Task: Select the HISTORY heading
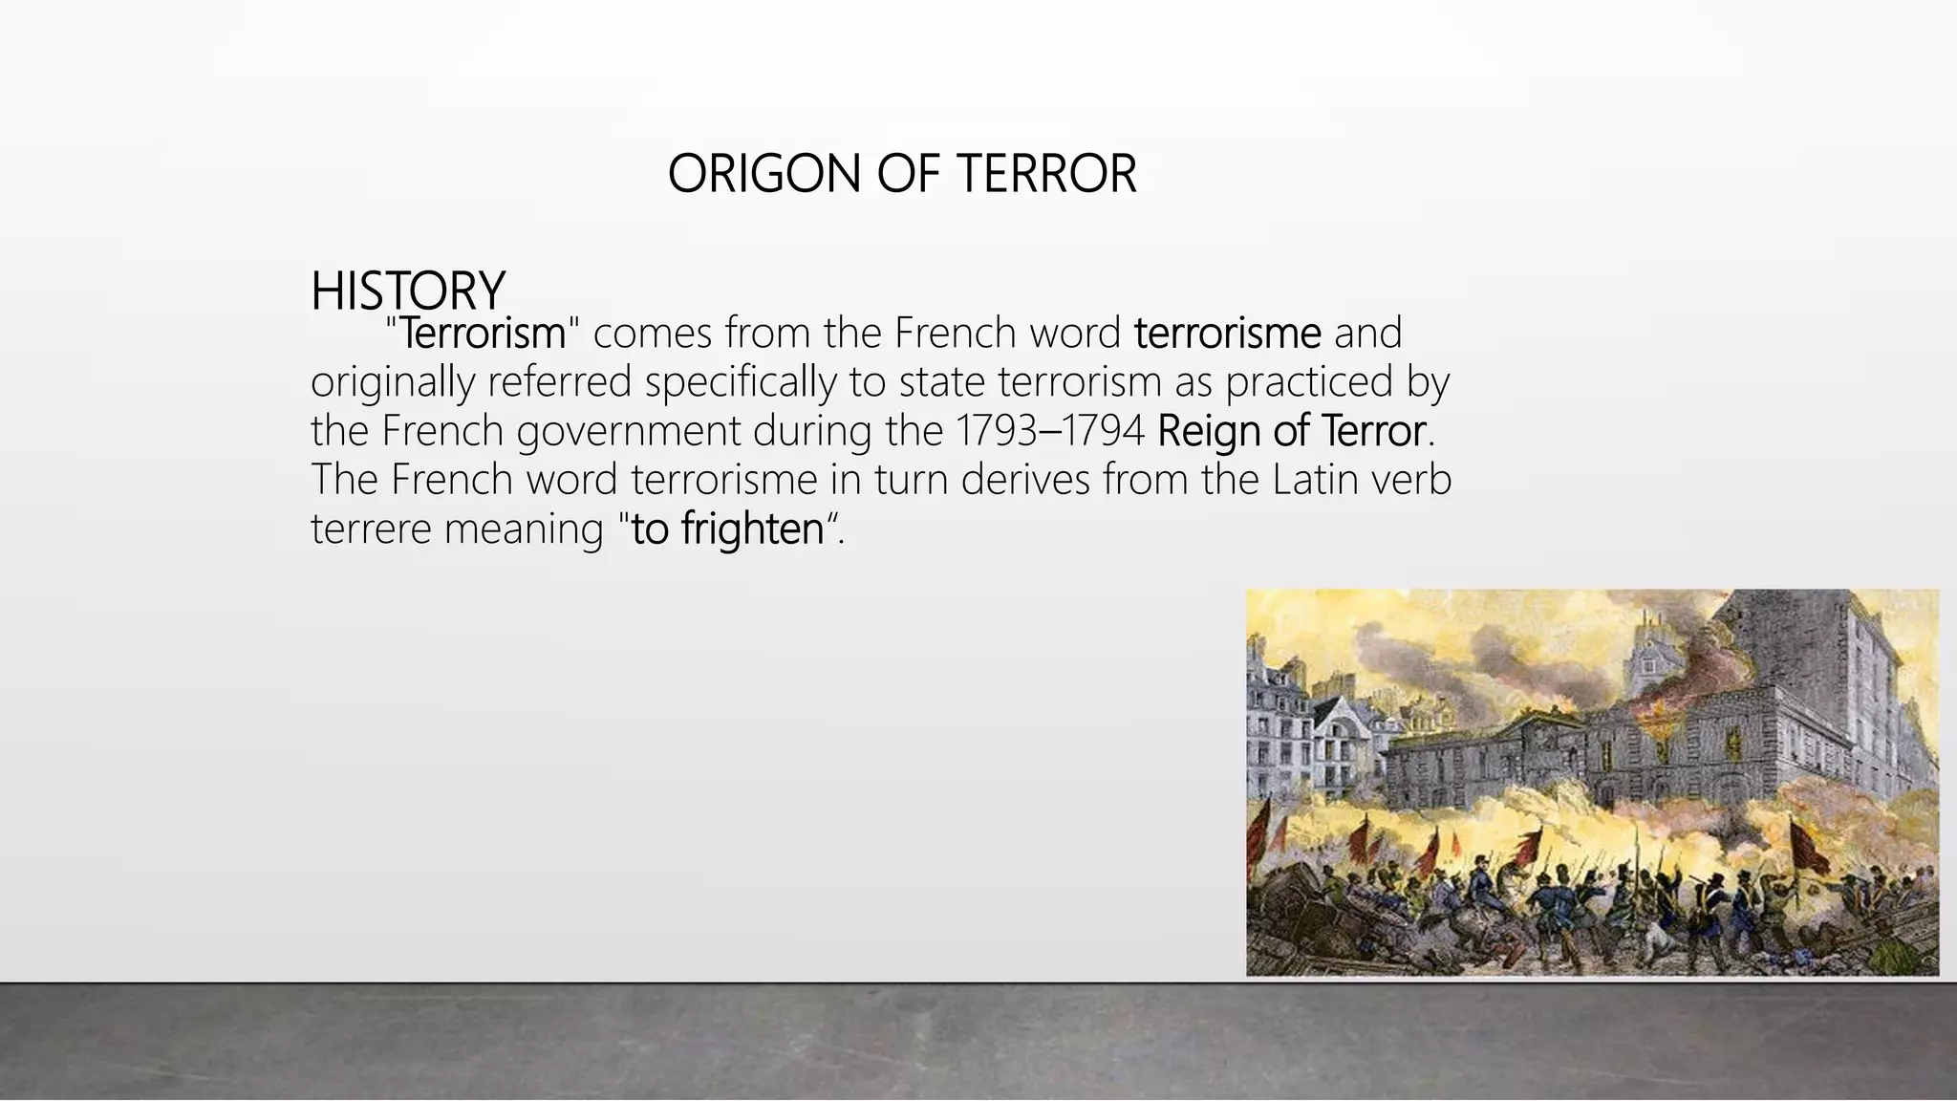408,291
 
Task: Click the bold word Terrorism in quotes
483,334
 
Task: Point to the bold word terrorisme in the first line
1227,334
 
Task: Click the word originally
393,382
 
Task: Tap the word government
629,431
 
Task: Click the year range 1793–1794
1049,431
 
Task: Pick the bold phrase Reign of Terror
1291,431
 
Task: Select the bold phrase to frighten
727,529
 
